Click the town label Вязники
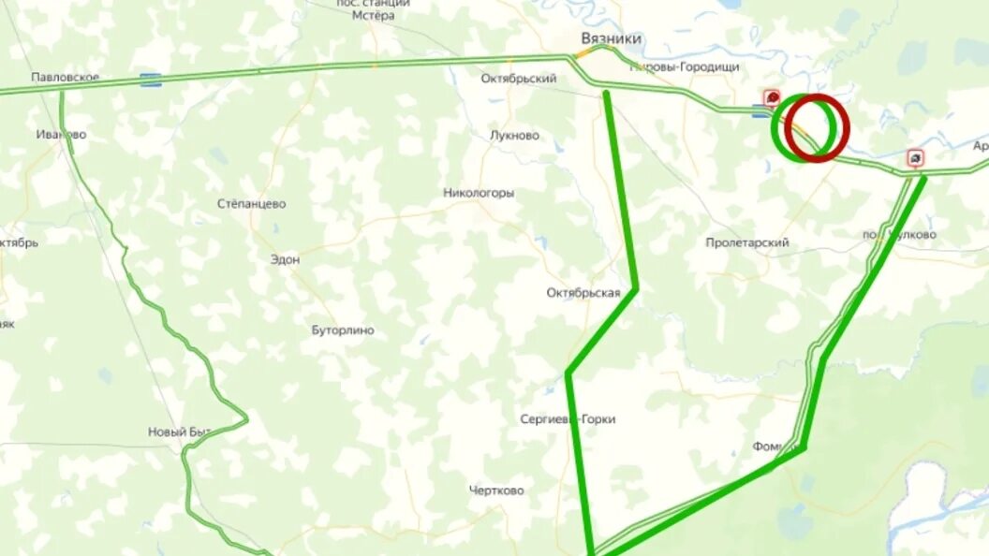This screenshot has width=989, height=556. point(612,38)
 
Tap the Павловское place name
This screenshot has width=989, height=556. point(65,77)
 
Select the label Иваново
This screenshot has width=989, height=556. point(62,134)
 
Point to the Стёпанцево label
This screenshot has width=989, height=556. point(252,203)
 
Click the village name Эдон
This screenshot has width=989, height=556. point(285,259)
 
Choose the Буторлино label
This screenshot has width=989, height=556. point(343,330)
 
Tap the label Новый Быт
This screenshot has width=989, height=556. point(180,432)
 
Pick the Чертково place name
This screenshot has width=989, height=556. point(496,490)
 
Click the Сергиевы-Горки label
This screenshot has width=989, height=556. point(568,419)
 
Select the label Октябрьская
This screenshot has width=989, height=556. point(583,293)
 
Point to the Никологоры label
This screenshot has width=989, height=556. point(479,193)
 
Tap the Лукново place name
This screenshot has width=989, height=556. point(514,135)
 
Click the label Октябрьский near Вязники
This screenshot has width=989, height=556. point(519,79)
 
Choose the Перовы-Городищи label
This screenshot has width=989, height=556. point(686,67)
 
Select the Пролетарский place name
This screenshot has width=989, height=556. point(747,242)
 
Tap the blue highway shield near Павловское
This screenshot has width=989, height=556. point(150,80)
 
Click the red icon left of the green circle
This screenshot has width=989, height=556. point(772,96)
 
